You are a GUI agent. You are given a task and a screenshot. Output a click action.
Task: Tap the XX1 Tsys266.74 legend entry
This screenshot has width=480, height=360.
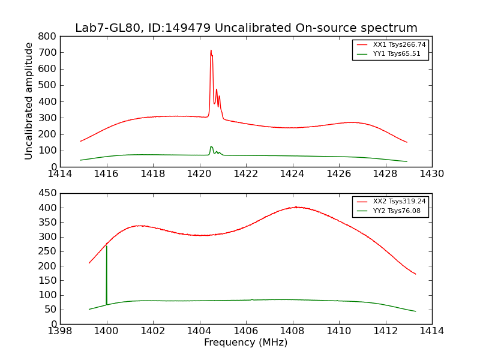[x=391, y=44]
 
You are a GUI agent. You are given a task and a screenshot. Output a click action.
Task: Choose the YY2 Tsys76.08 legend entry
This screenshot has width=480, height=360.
[x=391, y=211]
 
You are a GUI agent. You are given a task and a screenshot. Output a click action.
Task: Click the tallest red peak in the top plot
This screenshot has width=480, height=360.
[x=211, y=51]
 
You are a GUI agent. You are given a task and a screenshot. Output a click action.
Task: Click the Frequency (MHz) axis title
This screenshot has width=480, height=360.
[x=245, y=343]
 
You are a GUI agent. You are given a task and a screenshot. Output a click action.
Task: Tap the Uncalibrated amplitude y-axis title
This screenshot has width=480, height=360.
[x=29, y=101]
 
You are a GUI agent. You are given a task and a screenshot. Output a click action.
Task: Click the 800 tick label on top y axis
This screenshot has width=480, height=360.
[x=47, y=36]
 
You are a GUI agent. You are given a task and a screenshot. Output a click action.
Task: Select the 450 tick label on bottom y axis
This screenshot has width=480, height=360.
[x=47, y=193]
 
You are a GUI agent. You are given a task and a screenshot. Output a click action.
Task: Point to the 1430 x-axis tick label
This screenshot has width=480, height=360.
[x=431, y=174]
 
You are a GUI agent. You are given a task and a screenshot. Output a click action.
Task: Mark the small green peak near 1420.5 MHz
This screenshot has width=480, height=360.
[x=211, y=146]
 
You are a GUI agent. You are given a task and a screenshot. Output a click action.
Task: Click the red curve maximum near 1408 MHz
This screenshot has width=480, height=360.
[x=297, y=207]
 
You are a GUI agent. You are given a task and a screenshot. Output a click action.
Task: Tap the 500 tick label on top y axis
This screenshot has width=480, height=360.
[x=47, y=85]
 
